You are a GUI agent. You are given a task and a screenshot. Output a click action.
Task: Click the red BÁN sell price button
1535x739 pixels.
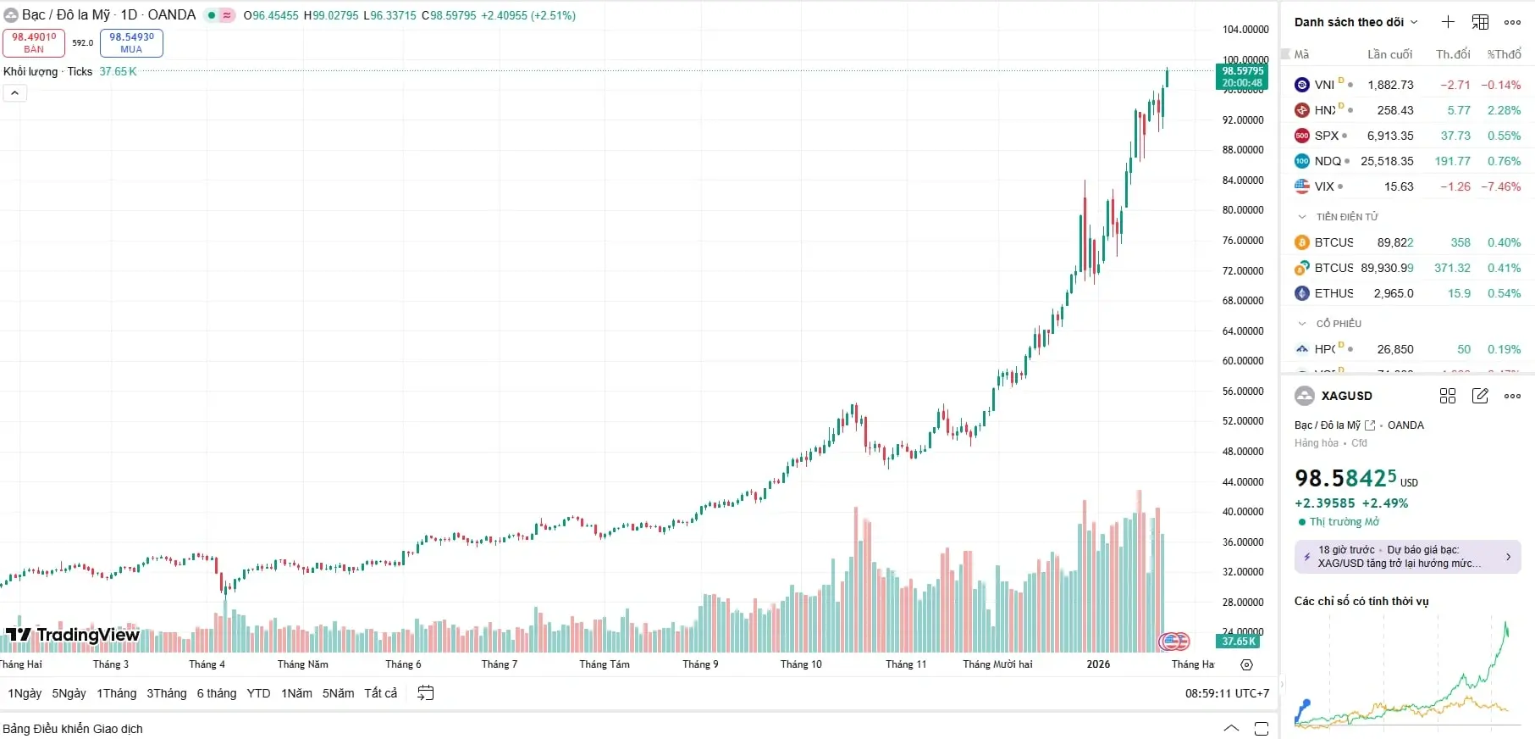(x=34, y=42)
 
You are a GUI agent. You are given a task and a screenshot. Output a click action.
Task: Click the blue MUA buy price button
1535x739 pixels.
(x=131, y=42)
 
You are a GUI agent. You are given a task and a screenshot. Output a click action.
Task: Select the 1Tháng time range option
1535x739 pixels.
(x=116, y=693)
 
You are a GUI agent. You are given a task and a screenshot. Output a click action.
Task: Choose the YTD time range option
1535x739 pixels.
(x=258, y=693)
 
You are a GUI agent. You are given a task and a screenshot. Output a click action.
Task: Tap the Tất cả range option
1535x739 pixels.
(x=380, y=693)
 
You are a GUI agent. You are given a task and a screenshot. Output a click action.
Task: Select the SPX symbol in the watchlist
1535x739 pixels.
(x=1326, y=136)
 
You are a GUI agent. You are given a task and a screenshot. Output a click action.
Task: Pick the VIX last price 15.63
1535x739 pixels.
(x=1398, y=186)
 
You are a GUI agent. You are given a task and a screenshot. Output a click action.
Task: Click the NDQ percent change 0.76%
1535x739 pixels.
(x=1504, y=161)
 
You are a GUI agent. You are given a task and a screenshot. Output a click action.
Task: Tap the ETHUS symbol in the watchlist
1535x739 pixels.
(x=1333, y=293)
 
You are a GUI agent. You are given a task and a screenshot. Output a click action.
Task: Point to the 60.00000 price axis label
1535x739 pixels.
(x=1242, y=361)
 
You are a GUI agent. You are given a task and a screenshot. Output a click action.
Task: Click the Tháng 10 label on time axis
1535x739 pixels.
(x=801, y=664)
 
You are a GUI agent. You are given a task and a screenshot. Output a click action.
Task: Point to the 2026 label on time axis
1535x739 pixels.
(x=1098, y=664)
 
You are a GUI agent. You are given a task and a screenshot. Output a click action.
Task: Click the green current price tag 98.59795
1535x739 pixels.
(x=1242, y=76)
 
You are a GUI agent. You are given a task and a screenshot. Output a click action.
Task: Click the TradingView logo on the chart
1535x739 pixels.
(x=73, y=635)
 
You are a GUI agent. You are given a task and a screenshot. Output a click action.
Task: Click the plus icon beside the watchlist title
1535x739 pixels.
(x=1448, y=22)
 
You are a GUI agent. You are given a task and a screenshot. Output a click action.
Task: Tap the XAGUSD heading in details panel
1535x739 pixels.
(x=1346, y=396)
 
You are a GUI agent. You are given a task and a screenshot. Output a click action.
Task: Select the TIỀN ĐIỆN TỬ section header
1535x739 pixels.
(x=1346, y=217)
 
